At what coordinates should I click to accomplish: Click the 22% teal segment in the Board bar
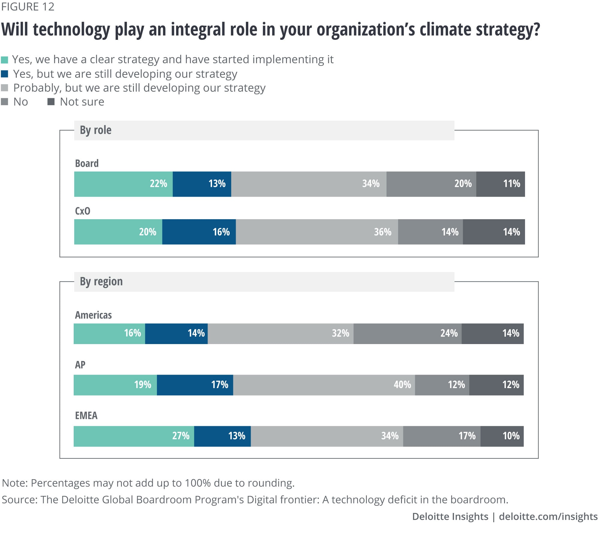(123, 184)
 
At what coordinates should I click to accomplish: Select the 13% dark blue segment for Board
(202, 184)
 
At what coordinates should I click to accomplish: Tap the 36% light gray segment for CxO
(317, 232)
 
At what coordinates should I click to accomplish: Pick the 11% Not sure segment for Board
(500, 184)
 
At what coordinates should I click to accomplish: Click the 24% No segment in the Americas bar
(407, 334)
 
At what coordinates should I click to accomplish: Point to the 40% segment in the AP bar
(324, 385)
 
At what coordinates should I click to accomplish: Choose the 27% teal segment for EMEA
(134, 436)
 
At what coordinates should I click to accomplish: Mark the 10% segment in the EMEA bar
(502, 436)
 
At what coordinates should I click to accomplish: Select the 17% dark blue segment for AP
(195, 385)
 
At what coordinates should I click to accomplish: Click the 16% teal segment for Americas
(109, 334)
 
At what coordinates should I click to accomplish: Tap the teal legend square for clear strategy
(4, 60)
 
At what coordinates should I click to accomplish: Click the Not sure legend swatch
(51, 102)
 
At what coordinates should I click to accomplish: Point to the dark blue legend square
(4, 74)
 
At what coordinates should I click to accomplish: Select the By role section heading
(96, 130)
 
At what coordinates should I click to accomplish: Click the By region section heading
(101, 281)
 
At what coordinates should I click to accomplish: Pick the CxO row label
(83, 211)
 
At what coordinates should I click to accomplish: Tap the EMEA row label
(86, 416)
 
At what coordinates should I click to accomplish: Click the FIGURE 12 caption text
(28, 7)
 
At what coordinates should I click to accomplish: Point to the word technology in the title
(71, 30)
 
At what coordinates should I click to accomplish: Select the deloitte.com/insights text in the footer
(548, 517)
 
